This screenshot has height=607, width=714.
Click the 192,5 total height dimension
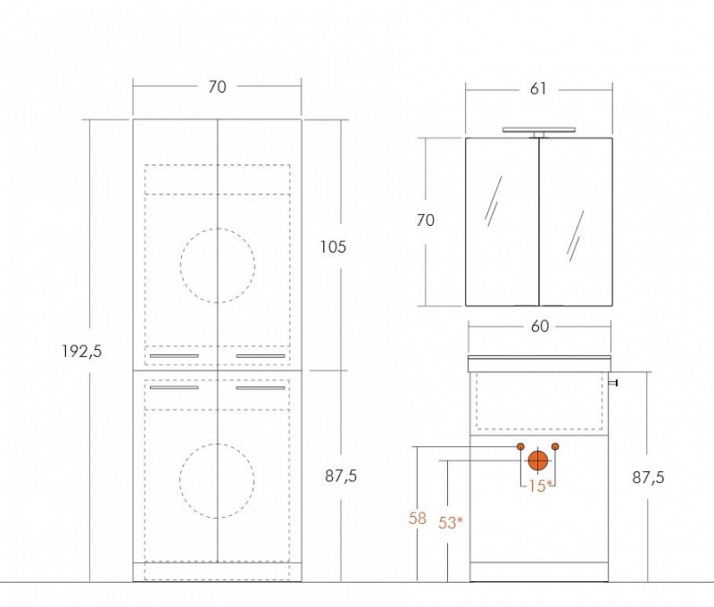[x=82, y=351]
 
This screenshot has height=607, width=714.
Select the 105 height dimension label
[x=333, y=246]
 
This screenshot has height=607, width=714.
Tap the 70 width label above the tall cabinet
[x=217, y=87]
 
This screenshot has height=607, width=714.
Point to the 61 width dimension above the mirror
[x=538, y=88]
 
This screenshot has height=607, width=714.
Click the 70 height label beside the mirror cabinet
[x=426, y=220]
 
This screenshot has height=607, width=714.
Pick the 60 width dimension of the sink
[x=540, y=326]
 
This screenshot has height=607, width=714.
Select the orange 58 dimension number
[x=417, y=519]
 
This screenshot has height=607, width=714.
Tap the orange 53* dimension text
[x=451, y=523]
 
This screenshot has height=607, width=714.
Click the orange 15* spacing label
[x=540, y=486]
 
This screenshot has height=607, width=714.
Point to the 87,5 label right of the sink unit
[x=648, y=478]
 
